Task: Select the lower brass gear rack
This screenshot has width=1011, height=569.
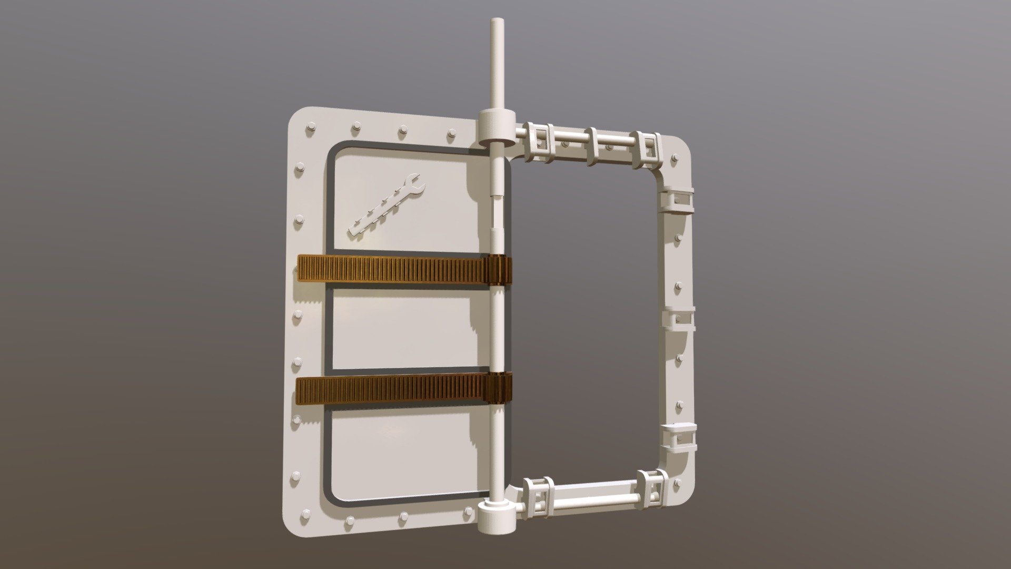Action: pos(392,390)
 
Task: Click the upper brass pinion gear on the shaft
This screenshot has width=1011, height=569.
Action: pos(500,270)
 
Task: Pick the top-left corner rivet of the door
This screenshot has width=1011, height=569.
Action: pos(310,127)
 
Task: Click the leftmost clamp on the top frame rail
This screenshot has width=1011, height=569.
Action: pos(539,144)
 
